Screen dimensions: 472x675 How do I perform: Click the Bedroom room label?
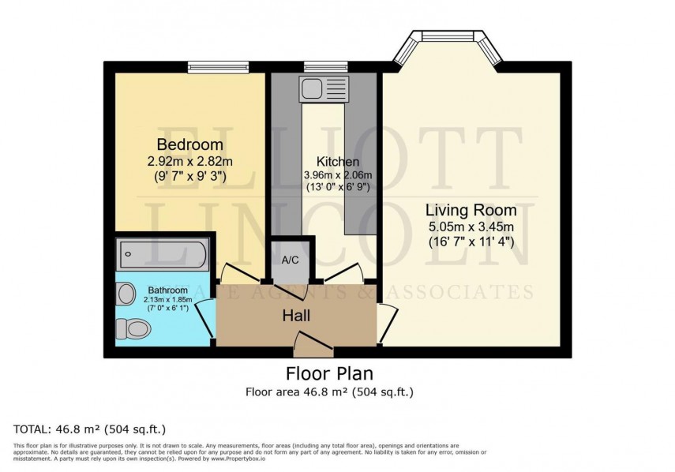click(189, 145)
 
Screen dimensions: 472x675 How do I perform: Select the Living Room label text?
click(471, 211)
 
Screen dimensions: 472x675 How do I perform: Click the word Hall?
click(296, 316)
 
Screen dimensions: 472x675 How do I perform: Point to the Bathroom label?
click(166, 290)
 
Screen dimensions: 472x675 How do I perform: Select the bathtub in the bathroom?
click(164, 255)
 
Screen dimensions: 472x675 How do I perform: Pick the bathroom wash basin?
click(126, 294)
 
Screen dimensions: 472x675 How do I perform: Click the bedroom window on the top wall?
click(218, 67)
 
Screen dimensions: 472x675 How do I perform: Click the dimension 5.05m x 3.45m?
click(471, 227)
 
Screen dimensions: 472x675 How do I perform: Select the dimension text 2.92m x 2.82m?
click(189, 162)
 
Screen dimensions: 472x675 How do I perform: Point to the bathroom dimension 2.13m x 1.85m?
click(166, 300)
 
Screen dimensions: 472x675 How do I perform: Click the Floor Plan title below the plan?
click(328, 373)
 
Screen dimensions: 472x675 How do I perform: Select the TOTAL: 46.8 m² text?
click(89, 429)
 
